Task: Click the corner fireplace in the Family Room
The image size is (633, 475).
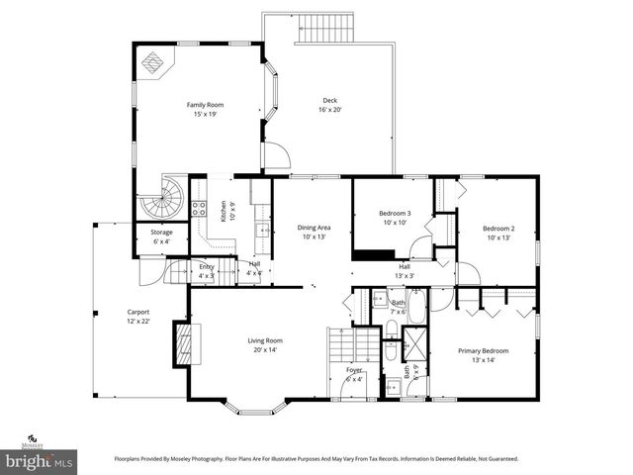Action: click(x=151, y=62)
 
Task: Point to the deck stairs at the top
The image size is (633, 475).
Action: click(x=325, y=28)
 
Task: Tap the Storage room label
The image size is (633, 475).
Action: click(x=161, y=233)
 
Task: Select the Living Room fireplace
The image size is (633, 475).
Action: click(x=182, y=343)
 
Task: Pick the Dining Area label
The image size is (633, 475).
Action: click(x=314, y=228)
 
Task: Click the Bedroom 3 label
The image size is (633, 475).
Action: click(x=395, y=214)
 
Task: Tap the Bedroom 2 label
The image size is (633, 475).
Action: click(x=498, y=229)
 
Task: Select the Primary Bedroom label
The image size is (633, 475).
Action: click(x=483, y=350)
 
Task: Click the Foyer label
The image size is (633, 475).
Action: click(x=354, y=369)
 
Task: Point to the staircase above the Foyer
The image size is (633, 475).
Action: click(x=353, y=345)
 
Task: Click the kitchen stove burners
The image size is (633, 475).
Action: click(x=198, y=209)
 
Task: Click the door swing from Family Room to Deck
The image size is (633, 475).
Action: click(x=276, y=156)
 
